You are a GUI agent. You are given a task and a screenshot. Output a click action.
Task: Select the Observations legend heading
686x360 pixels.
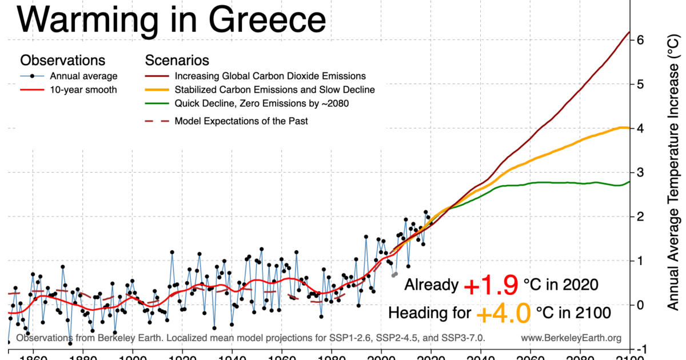62,61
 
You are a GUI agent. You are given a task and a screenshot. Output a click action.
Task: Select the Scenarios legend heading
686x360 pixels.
177,61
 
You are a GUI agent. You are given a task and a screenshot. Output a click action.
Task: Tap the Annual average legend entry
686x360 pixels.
83,76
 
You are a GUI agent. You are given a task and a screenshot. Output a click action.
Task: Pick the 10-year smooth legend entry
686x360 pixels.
83,90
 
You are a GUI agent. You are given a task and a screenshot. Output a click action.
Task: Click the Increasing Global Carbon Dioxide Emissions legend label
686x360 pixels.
270,76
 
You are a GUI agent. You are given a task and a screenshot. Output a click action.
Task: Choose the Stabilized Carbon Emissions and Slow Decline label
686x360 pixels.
274,90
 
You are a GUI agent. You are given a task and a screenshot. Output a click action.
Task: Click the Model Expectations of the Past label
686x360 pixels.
241,121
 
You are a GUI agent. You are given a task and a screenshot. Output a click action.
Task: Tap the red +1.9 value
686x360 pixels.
490,285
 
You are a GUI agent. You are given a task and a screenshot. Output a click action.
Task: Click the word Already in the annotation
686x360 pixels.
432,285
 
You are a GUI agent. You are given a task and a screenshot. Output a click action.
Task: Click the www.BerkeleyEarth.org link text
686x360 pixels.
571,338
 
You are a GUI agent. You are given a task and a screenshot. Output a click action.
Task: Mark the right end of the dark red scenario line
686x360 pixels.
629,33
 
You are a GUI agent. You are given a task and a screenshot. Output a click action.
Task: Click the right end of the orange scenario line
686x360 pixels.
628,127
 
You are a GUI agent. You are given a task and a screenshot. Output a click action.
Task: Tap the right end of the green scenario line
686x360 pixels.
629,182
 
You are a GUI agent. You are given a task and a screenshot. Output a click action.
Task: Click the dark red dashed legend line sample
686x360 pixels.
157,121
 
